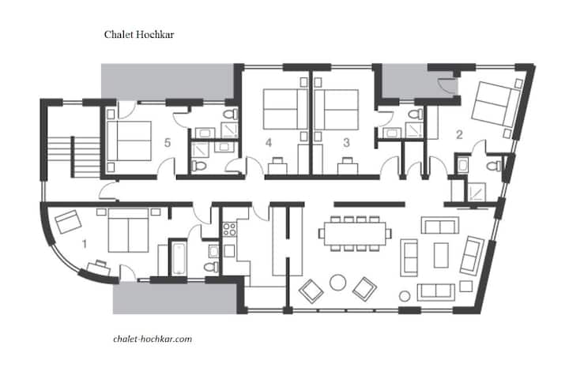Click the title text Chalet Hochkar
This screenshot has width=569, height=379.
pyautogui.click(x=139, y=35)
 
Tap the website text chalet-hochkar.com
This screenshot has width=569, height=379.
pyautogui.click(x=153, y=339)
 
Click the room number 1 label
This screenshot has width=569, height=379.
pyautogui.click(x=85, y=244)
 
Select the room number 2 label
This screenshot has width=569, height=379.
pyautogui.click(x=459, y=135)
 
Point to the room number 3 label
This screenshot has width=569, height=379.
pyautogui.click(x=347, y=143)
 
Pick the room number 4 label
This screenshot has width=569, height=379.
pyautogui.click(x=269, y=143)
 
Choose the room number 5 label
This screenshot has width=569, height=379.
pyautogui.click(x=168, y=143)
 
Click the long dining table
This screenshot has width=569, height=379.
pyautogui.click(x=356, y=233)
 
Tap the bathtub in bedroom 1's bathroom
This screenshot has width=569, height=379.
pyautogui.click(x=178, y=258)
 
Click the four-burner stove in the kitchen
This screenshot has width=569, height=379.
pyautogui.click(x=229, y=229)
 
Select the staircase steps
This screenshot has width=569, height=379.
pyautogui.click(x=74, y=156)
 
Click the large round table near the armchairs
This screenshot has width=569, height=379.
pyautogui.click(x=338, y=282)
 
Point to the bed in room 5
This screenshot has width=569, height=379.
pyautogui.click(x=129, y=141)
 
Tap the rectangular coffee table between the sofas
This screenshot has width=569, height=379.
pyautogui.click(x=441, y=255)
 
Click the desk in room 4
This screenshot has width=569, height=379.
pyautogui.click(x=277, y=167)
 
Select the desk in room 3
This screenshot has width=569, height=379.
pyautogui.click(x=348, y=167)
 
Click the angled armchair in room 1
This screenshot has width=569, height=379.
pyautogui.click(x=68, y=221)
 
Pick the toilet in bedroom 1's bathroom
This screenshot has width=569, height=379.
pyautogui.click(x=211, y=267)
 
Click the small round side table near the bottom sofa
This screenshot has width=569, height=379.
pyautogui.click(x=405, y=296)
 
